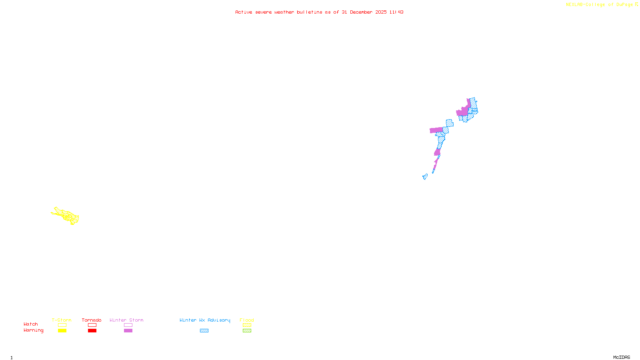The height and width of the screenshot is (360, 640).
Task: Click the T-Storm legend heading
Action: pos(62,320)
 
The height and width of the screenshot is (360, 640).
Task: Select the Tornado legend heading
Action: pos(92,320)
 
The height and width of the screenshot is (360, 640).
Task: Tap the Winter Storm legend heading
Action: pos(126,320)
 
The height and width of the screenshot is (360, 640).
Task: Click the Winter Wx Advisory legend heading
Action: pos(205,320)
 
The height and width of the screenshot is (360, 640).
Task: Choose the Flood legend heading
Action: pos(247,320)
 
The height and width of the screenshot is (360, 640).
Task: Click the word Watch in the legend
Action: pos(31,324)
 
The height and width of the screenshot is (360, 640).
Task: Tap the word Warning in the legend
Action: pos(34,330)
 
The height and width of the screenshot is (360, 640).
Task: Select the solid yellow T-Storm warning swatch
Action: pos(62,331)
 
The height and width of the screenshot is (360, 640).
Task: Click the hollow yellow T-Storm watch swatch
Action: pos(62,325)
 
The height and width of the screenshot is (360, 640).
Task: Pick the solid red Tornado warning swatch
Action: pos(92,331)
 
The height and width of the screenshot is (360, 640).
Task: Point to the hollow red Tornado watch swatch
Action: pos(92,325)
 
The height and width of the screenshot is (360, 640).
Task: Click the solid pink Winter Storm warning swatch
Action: pos(128,331)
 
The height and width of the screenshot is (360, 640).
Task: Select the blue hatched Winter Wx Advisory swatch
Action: pos(204,331)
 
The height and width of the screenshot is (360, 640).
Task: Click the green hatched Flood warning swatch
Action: pos(247,331)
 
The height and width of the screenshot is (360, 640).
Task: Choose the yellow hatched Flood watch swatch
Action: pos(247,325)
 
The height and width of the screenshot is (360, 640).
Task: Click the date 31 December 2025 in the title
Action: pos(364,12)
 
